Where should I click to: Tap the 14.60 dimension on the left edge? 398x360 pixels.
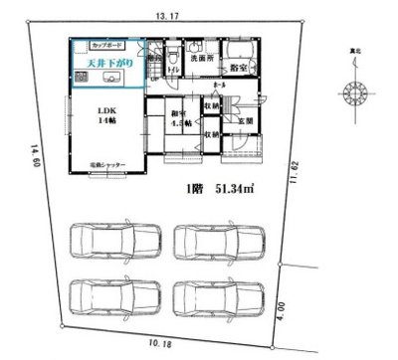coord(37,159)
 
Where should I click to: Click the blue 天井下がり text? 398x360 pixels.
coord(103,63)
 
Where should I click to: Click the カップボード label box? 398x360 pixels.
coord(108,46)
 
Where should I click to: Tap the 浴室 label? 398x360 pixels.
coord(239,67)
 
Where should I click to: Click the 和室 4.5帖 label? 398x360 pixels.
coord(180,119)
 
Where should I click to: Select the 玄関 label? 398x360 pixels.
coord(244,122)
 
